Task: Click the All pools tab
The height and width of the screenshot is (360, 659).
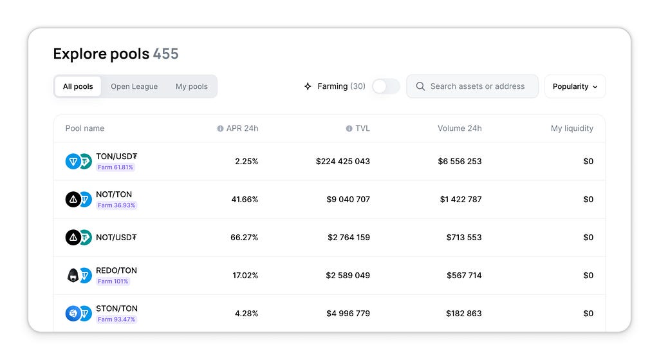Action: click(x=78, y=86)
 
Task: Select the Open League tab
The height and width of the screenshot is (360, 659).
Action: click(x=134, y=86)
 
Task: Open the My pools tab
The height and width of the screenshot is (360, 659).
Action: click(x=192, y=86)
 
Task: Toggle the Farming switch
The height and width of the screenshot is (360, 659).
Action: click(x=386, y=86)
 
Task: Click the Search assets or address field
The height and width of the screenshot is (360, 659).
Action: click(x=472, y=86)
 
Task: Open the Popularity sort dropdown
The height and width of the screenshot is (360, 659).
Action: click(x=575, y=86)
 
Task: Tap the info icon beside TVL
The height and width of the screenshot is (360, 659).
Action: click(x=349, y=128)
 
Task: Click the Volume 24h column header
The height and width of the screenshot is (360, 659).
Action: click(x=459, y=128)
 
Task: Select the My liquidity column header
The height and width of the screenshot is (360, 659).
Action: click(x=572, y=128)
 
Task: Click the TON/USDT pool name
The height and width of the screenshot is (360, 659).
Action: click(x=116, y=156)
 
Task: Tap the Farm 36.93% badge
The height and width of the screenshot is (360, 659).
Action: click(x=116, y=205)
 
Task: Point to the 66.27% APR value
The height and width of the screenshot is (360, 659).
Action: click(x=244, y=237)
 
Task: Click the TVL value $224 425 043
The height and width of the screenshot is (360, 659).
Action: click(x=343, y=161)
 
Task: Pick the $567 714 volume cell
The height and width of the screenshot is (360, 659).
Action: click(x=464, y=276)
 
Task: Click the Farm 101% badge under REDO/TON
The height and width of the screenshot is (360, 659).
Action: click(x=113, y=281)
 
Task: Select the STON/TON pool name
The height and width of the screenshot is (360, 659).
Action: click(x=117, y=308)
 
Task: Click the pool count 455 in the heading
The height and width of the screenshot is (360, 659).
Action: click(x=165, y=54)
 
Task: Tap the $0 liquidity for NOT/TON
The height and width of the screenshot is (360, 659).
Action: click(x=588, y=200)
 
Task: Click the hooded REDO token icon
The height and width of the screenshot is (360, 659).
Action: click(x=73, y=276)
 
